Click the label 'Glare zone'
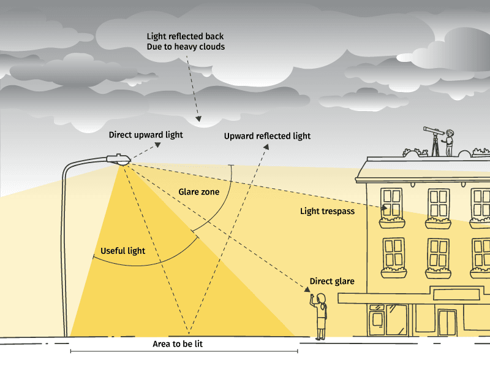[x=198, y=192]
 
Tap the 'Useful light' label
[x=123, y=251]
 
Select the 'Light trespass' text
[x=327, y=212]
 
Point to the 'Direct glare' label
[x=332, y=282]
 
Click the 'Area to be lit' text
[x=178, y=344]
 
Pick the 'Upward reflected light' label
[x=267, y=136]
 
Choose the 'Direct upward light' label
[x=146, y=135]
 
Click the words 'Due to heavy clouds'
[x=186, y=47]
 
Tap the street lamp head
[x=118, y=159]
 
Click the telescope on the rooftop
[x=434, y=140]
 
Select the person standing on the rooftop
[x=449, y=142]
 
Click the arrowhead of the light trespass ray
[x=385, y=208]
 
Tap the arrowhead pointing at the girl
[x=307, y=289]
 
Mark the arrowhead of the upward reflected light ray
[x=266, y=147]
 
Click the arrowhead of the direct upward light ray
[x=158, y=145]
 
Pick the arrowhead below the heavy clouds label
[x=198, y=118]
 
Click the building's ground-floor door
[x=447, y=323]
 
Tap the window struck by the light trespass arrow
[x=392, y=203]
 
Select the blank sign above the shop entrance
[x=456, y=295]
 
